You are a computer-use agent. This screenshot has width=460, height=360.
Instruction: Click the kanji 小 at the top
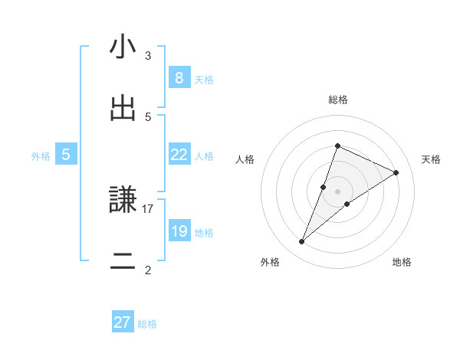[123, 47]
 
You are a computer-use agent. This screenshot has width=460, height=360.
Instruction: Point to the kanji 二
[123, 260]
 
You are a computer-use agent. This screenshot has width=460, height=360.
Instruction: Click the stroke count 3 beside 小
[148, 55]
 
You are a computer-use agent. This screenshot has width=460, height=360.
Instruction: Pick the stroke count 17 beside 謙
[148, 208]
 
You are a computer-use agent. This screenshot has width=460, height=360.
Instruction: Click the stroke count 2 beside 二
[148, 270]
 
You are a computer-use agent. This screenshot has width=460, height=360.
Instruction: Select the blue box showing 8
[179, 77]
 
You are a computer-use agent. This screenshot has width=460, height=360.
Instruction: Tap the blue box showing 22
[179, 154]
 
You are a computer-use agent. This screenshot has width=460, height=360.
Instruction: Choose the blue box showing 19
[179, 231]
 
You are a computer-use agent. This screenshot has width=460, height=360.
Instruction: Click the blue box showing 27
[123, 322]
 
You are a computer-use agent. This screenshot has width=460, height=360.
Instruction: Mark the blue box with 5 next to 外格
[66, 154]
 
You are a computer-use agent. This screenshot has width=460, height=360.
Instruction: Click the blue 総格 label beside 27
[147, 324]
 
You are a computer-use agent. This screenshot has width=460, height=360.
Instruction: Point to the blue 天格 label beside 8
[204, 79]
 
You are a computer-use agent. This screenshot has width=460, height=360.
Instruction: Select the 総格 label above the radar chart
[337, 100]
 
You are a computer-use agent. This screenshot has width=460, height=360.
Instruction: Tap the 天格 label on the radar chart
[431, 159]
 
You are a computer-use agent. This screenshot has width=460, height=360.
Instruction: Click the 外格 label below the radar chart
[270, 262]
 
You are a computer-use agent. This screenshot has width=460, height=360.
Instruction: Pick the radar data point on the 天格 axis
[396, 172]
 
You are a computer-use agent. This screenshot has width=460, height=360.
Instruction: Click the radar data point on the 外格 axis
[301, 242]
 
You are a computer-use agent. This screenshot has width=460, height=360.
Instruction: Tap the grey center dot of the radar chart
[337, 191]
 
